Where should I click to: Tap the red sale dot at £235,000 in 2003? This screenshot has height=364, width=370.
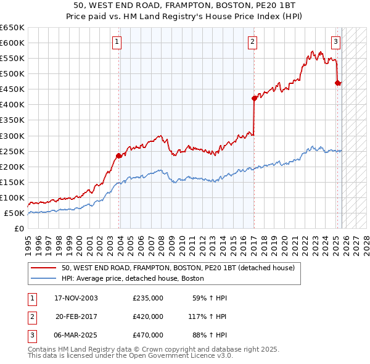118,155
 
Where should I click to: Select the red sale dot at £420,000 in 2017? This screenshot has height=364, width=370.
254,98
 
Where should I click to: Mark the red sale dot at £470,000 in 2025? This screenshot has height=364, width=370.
337,83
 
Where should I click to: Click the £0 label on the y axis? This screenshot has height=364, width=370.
19,229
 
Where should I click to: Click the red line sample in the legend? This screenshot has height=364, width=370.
44,268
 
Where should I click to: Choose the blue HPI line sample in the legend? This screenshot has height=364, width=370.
44,279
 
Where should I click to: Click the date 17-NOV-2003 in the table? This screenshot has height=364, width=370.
76,299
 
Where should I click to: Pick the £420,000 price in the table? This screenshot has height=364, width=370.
148,316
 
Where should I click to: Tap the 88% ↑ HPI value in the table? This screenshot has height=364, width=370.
209,335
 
